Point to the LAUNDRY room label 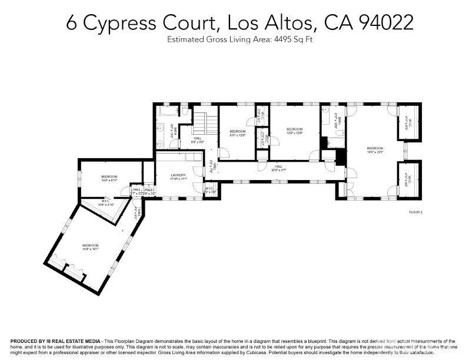click(x=178, y=176)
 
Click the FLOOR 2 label click(x=417, y=211)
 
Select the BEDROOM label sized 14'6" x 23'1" click(x=375, y=149)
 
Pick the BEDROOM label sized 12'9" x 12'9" click(x=294, y=131)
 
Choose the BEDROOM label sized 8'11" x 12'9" click(x=237, y=132)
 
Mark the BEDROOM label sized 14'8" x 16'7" click(x=90, y=247)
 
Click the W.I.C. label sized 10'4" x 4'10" click(x=106, y=204)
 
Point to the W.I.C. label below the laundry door click(x=209, y=190)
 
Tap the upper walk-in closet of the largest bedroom click(x=410, y=123)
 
